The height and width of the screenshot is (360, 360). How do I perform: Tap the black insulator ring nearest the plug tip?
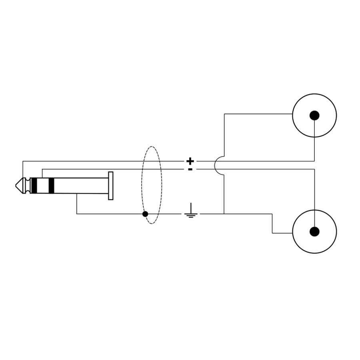[34, 186]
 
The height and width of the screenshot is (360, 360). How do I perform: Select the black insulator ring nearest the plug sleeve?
[51, 186]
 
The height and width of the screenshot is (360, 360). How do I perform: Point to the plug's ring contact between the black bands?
[42, 186]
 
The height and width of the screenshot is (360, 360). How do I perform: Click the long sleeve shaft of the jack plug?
[80, 186]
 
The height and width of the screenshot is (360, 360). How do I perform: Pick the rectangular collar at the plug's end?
[111, 186]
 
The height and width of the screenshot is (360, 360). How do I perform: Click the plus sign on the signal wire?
[190, 161]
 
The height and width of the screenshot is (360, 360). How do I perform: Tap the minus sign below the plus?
[190, 169]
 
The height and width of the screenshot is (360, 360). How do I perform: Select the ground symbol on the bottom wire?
[191, 212]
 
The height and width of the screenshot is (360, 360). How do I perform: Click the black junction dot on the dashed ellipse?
[145, 214]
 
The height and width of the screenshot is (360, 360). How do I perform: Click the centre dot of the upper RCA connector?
[314, 115]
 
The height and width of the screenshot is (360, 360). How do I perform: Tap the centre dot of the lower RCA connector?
[314, 231]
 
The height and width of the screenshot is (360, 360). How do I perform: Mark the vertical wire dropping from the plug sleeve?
[77, 204]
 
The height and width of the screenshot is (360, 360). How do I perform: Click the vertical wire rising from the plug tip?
[23, 170]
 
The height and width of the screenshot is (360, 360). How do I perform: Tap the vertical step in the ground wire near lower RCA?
[272, 223]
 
